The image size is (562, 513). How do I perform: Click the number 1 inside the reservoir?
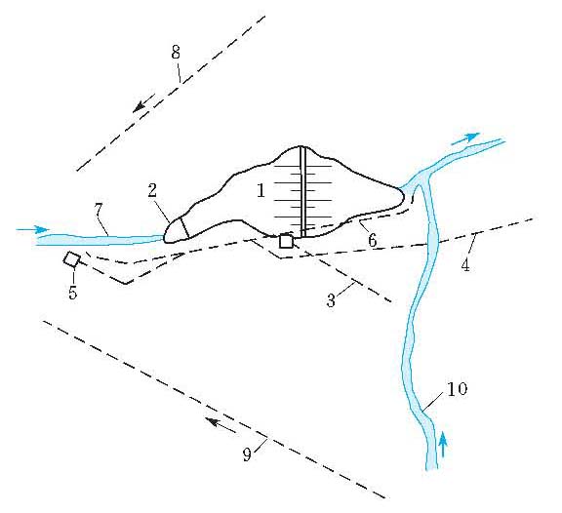click(x=261, y=190)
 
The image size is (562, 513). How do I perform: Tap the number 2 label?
click(x=152, y=190)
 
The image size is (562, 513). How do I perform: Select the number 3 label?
click(x=331, y=300)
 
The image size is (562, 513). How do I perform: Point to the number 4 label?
click(x=465, y=265)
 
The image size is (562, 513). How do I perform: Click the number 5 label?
click(x=73, y=293)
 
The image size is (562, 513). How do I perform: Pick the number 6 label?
click(x=373, y=240)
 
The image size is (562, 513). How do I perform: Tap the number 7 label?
click(x=99, y=210)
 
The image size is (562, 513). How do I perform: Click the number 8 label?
click(x=176, y=53)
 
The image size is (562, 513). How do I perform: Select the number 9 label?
click(x=247, y=454)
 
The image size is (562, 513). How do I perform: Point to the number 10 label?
click(x=458, y=389)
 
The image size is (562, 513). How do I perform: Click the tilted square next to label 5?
click(x=71, y=259)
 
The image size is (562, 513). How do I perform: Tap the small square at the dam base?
click(x=286, y=241)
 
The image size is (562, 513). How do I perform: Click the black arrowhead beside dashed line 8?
click(x=139, y=106)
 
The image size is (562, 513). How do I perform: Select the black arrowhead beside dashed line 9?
click(x=212, y=421)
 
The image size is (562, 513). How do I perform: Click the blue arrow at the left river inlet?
click(x=32, y=229)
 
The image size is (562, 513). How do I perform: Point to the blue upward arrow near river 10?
click(x=443, y=444)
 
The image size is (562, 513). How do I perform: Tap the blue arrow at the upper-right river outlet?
click(x=465, y=138)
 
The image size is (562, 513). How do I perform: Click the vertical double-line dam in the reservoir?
click(x=303, y=192)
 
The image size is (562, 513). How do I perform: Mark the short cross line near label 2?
click(x=184, y=227)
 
